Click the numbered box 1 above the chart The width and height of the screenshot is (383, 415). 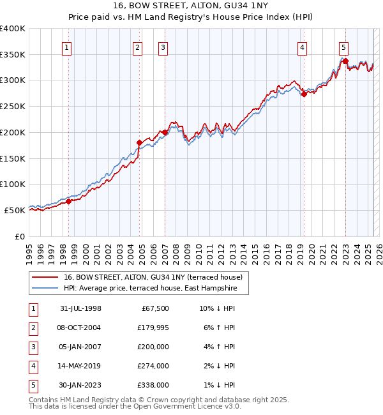(x=67, y=47)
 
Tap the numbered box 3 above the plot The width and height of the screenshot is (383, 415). (x=163, y=47)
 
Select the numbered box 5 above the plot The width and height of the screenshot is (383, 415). (x=343, y=47)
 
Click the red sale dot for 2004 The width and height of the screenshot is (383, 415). (x=139, y=142)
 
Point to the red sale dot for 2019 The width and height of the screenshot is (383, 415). (x=304, y=94)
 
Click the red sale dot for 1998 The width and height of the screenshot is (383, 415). (x=69, y=201)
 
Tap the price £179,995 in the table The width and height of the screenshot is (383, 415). (x=151, y=328)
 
